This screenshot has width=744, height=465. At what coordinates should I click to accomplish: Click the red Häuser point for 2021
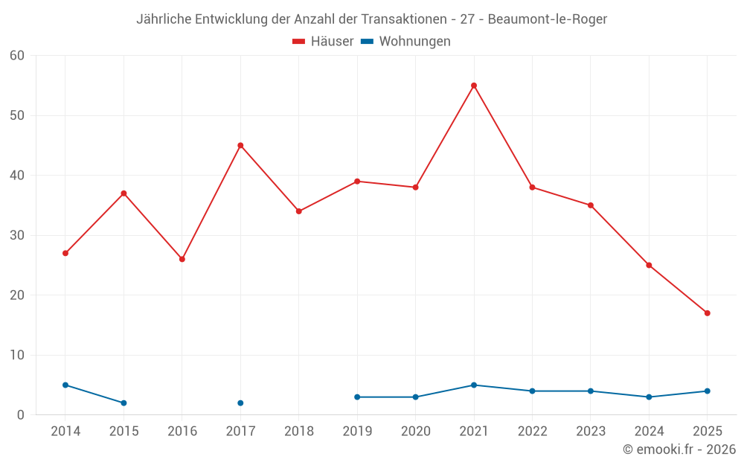(474, 86)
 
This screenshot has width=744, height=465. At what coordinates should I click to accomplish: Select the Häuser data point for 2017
(240, 146)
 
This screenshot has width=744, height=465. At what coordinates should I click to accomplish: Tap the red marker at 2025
(707, 313)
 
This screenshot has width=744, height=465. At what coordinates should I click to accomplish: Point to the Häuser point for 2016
(182, 259)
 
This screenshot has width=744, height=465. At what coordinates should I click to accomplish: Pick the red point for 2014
(65, 253)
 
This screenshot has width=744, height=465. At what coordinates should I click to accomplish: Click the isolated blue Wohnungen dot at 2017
(240, 403)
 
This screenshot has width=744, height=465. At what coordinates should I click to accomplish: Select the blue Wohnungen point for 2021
(474, 385)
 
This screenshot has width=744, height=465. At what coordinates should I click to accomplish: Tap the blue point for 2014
(65, 385)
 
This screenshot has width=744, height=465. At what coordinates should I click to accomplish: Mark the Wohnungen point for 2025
(707, 391)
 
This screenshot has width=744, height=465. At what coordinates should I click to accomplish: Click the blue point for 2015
(124, 403)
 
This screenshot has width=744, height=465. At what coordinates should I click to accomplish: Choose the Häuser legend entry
(323, 42)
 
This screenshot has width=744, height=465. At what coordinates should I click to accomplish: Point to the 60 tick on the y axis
(17, 56)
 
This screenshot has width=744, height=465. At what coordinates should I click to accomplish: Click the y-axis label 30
(17, 235)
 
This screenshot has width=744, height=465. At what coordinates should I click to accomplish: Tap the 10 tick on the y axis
(17, 355)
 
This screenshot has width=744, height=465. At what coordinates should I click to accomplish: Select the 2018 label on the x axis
(298, 432)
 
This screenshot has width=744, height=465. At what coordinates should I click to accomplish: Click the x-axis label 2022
(532, 432)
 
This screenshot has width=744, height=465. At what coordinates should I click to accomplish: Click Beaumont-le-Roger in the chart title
(547, 19)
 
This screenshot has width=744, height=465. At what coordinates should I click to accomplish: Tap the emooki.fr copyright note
(679, 449)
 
